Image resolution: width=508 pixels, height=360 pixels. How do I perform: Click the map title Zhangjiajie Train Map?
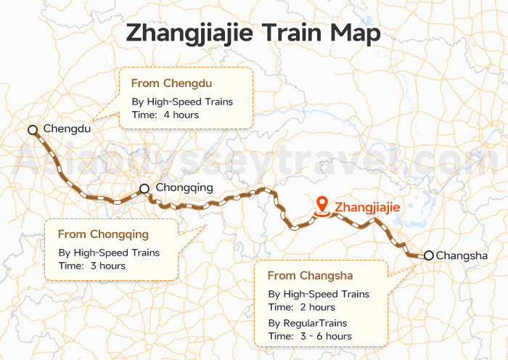253,33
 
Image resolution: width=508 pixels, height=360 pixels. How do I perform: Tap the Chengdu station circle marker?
32,130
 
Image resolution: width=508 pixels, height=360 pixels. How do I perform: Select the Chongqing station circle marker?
144,189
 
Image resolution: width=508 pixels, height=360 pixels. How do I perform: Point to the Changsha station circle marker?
429,255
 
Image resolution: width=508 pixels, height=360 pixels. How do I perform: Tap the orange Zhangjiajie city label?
367,208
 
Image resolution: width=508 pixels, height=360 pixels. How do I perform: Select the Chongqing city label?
184,188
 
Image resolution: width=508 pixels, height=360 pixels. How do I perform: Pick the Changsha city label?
462,255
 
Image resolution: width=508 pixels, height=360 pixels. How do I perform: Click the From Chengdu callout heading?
171,83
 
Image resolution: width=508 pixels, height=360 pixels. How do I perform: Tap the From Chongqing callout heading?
103,234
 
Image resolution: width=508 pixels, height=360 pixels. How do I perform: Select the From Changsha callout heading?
310,276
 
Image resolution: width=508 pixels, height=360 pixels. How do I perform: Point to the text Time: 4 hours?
165,115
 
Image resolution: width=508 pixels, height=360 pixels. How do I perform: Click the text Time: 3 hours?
91,266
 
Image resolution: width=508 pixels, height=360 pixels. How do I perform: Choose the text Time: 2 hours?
301,307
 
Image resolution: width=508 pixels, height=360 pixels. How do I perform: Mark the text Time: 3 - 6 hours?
310,336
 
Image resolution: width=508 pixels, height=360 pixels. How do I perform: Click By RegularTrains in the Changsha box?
308,322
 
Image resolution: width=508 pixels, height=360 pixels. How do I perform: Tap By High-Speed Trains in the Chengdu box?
182,102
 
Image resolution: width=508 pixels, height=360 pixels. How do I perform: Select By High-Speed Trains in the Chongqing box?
109,253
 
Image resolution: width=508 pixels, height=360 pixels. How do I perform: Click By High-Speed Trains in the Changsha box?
319,294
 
